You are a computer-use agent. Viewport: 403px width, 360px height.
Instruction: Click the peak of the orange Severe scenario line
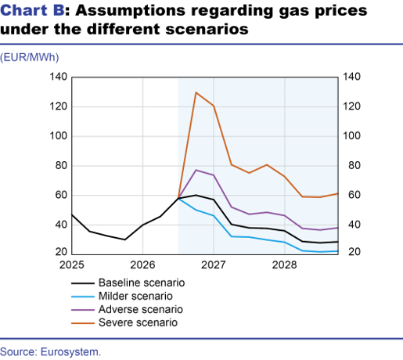pyautogui.click(x=196, y=92)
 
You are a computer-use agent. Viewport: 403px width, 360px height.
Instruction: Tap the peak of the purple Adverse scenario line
pyautogui.click(x=196, y=170)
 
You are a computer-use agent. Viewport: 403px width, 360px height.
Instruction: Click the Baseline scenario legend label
pyautogui.click(x=142, y=283)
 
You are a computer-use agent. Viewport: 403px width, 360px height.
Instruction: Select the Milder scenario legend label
pyautogui.click(x=135, y=297)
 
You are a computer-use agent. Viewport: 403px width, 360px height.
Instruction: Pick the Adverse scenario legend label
pyautogui.click(x=141, y=310)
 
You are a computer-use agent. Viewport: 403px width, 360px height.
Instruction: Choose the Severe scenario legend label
pyautogui.click(x=138, y=322)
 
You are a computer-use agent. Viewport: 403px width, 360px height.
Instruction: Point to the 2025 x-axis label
pyautogui.click(x=72, y=265)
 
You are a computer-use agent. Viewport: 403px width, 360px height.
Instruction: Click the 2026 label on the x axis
pyautogui.click(x=142, y=265)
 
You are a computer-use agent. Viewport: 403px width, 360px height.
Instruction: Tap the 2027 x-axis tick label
pyautogui.click(x=214, y=265)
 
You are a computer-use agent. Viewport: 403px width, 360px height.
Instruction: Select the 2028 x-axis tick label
pyautogui.click(x=284, y=265)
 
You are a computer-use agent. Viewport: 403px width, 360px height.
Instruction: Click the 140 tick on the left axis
pyautogui.click(x=59, y=77)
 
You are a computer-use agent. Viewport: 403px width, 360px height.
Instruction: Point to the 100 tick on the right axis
pyautogui.click(x=351, y=136)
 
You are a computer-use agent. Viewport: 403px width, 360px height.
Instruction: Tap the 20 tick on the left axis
pyautogui.click(x=61, y=252)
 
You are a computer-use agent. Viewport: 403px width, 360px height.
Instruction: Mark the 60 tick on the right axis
pyautogui.click(x=354, y=195)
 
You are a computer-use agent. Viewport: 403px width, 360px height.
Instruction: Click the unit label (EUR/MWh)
pyautogui.click(x=30, y=57)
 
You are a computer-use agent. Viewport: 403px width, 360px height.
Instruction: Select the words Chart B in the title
pyautogui.click(x=32, y=10)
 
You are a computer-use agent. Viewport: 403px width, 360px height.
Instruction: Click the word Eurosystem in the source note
pyautogui.click(x=70, y=352)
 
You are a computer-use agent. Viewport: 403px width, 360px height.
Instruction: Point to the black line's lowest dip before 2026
pyautogui.click(x=125, y=239)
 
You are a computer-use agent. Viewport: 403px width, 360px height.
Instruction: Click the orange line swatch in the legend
pyautogui.click(x=83, y=323)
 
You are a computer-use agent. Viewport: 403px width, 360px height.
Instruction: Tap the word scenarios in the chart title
pyautogui.click(x=207, y=29)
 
